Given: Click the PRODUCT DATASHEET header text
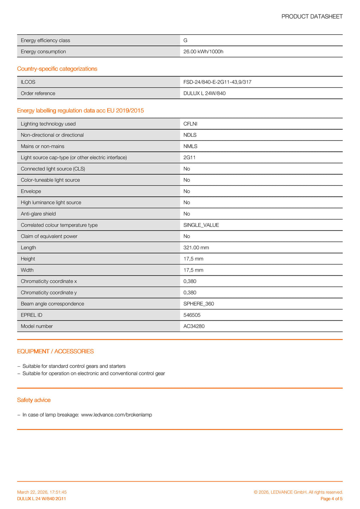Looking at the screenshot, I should (312, 17).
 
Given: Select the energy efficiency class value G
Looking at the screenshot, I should (185, 40).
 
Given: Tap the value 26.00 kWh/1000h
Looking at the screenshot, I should (203, 52).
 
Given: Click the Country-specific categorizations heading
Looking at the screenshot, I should (57, 69).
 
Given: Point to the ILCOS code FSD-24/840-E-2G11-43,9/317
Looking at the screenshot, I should (217, 82).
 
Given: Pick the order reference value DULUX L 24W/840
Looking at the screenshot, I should (204, 93).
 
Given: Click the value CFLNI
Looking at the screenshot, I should (190, 124).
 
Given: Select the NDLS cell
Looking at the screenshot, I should (190, 135).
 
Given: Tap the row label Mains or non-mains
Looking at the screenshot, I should (43, 146).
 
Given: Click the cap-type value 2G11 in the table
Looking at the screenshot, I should (189, 158).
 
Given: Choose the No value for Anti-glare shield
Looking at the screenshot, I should (187, 214).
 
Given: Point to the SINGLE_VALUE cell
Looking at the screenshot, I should (201, 225).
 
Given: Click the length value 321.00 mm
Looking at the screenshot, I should (196, 248).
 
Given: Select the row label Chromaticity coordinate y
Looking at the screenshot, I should (49, 293).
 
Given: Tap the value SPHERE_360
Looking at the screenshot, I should (199, 304).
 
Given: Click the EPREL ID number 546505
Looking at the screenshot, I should (192, 315).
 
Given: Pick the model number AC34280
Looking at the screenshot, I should (194, 326).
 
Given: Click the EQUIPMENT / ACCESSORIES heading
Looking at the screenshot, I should (55, 352).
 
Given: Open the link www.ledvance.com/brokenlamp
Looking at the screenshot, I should (116, 415).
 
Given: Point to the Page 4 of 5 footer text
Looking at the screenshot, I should (332, 499).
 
